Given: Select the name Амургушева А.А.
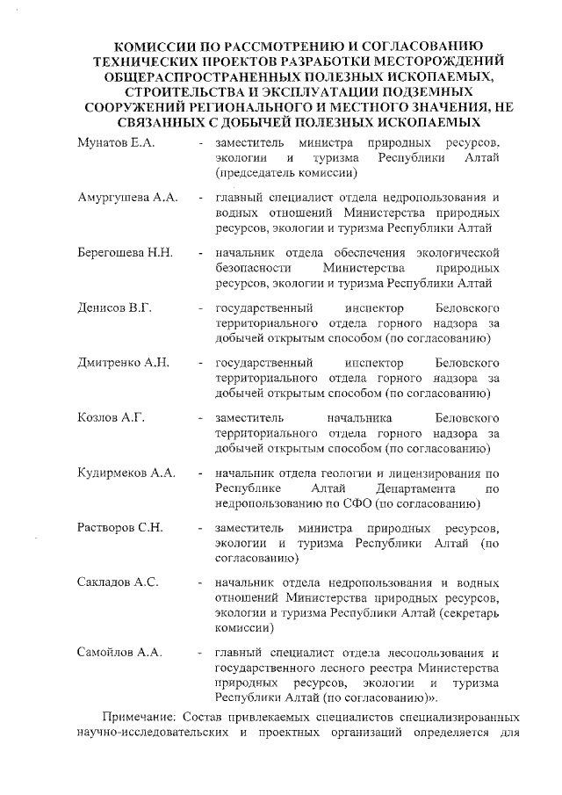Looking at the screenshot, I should coord(128,198).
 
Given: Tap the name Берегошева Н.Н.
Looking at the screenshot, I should coord(125,253).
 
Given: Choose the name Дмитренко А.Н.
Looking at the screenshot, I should coord(123,363).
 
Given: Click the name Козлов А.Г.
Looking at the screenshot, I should coord(111,417).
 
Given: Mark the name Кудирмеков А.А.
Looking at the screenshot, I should coord(126,473).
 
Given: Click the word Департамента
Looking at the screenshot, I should coord(415,488).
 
